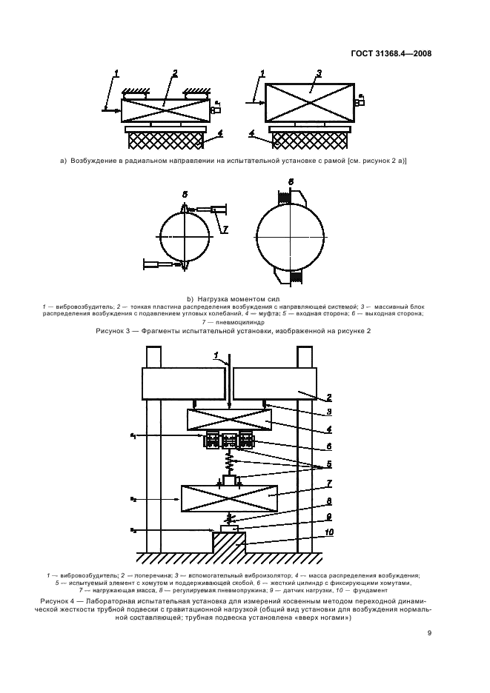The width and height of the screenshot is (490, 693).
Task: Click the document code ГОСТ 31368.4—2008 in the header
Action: pos(391,53)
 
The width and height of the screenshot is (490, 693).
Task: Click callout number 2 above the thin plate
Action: pos(175,73)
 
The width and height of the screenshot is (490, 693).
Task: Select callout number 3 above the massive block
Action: pos(319,73)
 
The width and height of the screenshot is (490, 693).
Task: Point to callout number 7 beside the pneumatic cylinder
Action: pos(224,230)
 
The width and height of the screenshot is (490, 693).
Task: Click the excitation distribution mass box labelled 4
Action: pos(229,421)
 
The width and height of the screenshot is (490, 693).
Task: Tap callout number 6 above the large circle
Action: pos(291,181)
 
